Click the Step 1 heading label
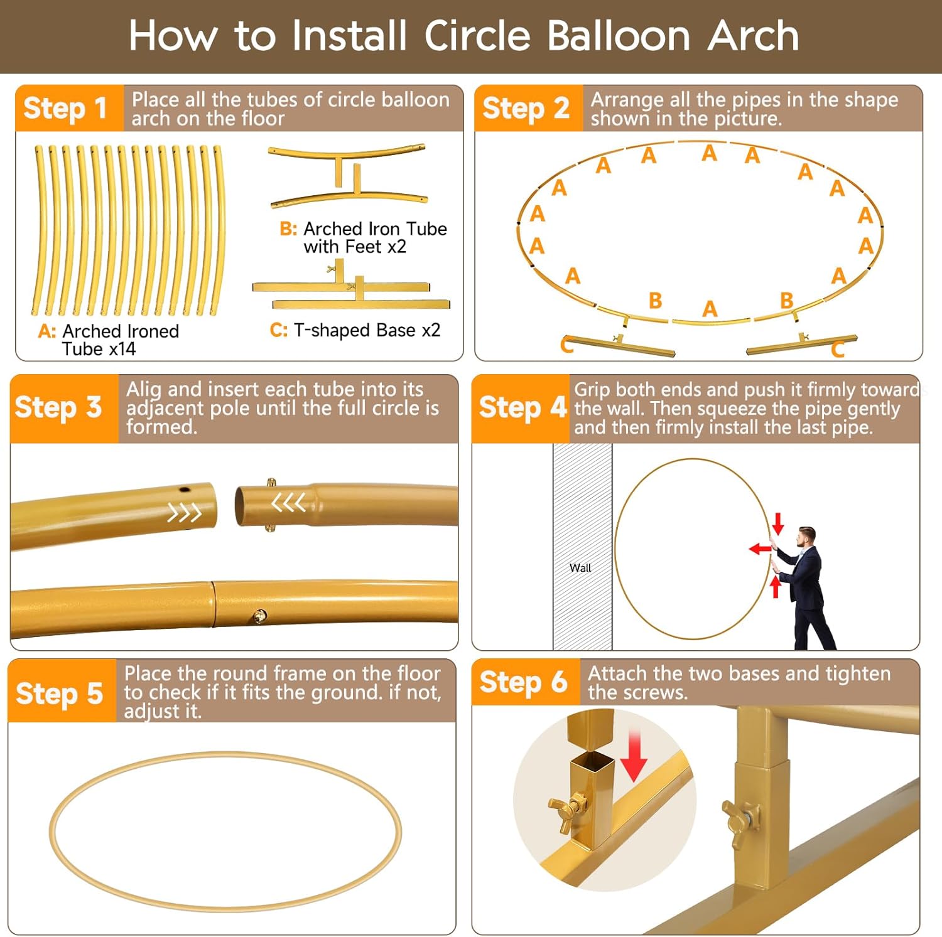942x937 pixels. pyautogui.click(x=65, y=109)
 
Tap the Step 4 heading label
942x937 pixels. pyautogui.click(x=522, y=407)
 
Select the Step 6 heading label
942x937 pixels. pyautogui.click(x=523, y=682)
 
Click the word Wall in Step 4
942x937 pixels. pyautogui.click(x=580, y=568)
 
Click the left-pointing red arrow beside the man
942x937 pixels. pyautogui.click(x=760, y=549)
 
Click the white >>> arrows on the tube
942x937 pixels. pyautogui.click(x=185, y=513)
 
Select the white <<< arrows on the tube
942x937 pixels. pyautogui.click(x=289, y=502)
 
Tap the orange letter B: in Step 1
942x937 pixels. pyautogui.click(x=288, y=228)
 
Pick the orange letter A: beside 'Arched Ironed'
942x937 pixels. pyautogui.click(x=47, y=331)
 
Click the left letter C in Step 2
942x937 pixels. pyautogui.click(x=566, y=345)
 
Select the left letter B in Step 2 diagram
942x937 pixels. pyautogui.click(x=656, y=301)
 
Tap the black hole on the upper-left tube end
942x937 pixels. pyautogui.click(x=185, y=490)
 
